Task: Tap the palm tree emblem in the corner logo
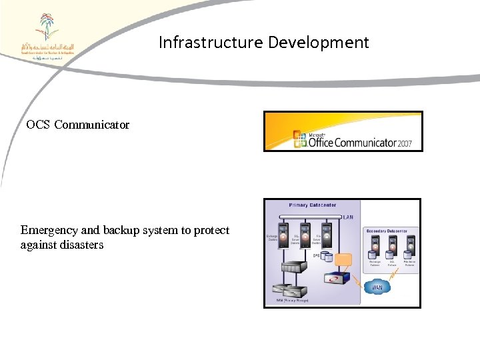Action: pyautogui.click(x=47, y=27)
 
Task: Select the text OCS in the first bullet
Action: pyautogui.click(x=38, y=125)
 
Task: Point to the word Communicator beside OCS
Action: pyautogui.click(x=92, y=125)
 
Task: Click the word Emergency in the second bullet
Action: pyautogui.click(x=50, y=230)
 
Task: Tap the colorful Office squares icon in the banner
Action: pyautogui.click(x=300, y=139)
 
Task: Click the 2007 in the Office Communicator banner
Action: pyautogui.click(x=405, y=142)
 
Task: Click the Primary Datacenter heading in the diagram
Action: pyautogui.click(x=312, y=205)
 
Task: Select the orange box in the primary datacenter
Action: pyautogui.click(x=344, y=259)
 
